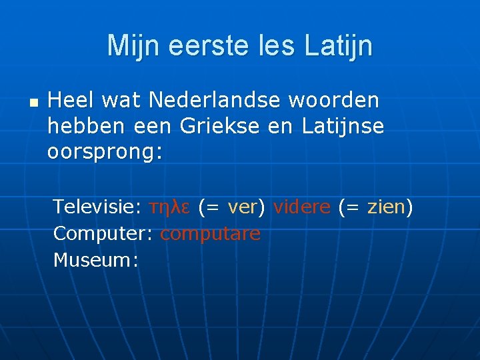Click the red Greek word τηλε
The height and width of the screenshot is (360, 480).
170,207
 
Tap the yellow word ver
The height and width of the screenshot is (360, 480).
242,207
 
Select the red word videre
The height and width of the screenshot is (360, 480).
301,207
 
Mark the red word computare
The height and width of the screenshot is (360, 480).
211,234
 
